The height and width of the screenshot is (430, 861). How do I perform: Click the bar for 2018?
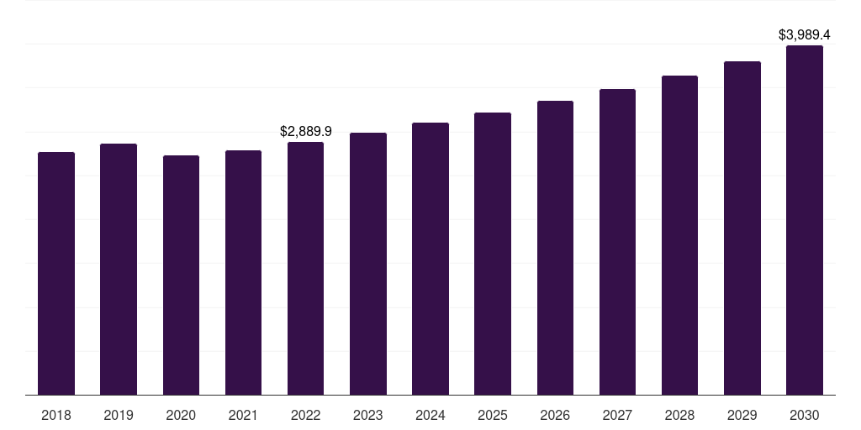point(56,273)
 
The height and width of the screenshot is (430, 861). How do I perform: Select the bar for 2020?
point(181,275)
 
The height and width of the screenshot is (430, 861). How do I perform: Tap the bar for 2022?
point(305,268)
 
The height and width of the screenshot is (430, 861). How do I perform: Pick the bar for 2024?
point(430,259)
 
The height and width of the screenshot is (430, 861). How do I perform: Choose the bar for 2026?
point(555,248)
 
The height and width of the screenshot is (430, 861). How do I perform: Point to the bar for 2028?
point(679,235)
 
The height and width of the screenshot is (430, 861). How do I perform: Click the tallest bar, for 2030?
point(805,220)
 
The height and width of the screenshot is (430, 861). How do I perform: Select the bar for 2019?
point(119,269)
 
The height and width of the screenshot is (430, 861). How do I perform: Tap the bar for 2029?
point(742,228)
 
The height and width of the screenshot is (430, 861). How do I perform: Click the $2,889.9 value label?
point(305,132)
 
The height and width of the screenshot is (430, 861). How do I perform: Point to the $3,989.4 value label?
point(805,35)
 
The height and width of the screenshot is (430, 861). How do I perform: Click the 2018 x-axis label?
point(56,415)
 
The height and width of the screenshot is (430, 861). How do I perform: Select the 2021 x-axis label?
point(243,415)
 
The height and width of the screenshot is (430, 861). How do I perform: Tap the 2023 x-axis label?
point(367,415)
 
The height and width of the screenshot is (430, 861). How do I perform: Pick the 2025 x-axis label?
point(493,415)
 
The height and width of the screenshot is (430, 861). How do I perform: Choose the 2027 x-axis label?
point(617,415)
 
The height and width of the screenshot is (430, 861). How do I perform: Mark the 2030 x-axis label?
point(805,415)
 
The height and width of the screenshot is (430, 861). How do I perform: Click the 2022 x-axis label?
point(305,415)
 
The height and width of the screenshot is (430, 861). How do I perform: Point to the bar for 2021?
point(243,272)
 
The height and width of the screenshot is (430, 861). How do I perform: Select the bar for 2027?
point(617,242)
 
